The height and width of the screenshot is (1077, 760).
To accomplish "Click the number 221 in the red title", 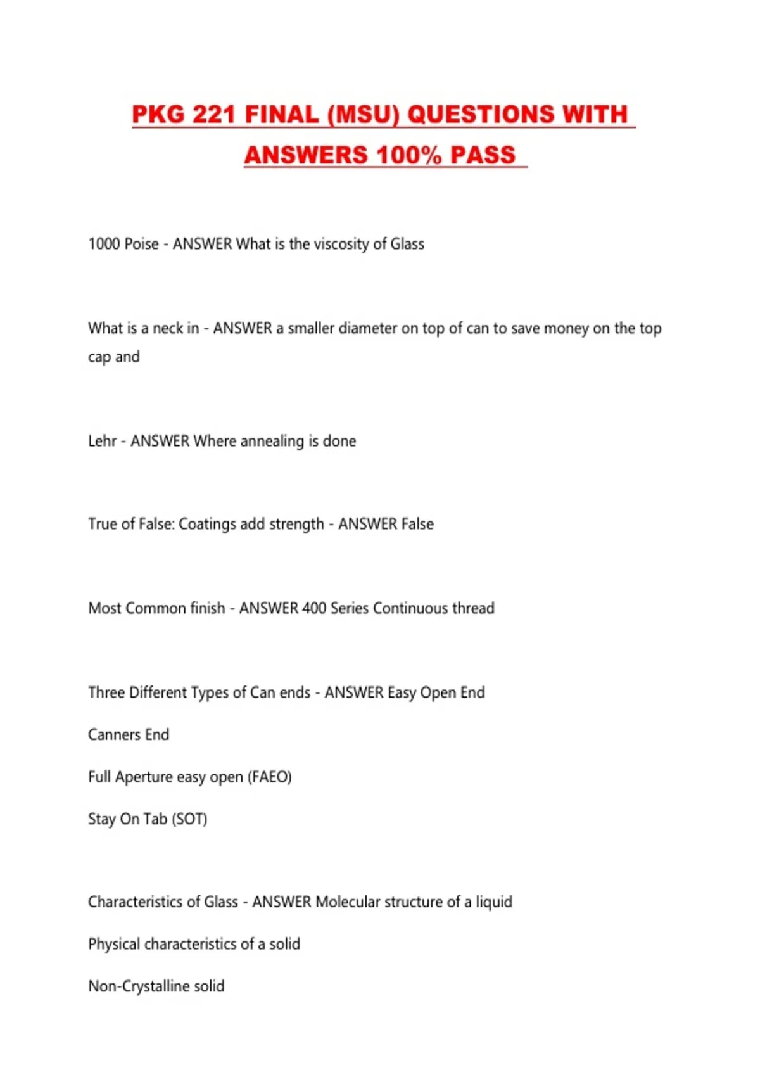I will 213,115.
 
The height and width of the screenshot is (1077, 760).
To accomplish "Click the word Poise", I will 141,244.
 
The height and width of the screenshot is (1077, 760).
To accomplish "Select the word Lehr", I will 102,441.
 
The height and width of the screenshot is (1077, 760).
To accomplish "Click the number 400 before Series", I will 314,608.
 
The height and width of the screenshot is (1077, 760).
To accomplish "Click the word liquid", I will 493,902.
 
